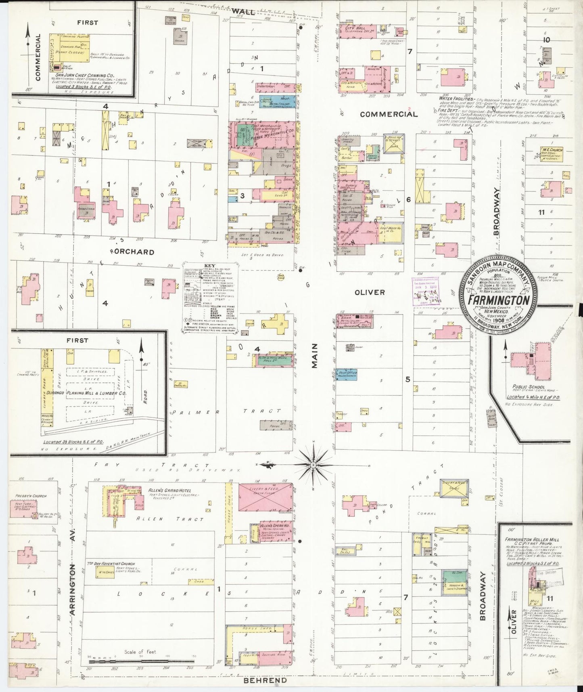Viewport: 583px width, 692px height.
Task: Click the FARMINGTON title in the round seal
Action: click(x=499, y=300)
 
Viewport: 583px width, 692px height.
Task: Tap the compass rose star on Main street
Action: click(x=313, y=466)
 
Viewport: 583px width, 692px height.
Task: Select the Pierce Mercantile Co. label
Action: click(x=263, y=136)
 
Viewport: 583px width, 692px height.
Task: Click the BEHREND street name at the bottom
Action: click(x=265, y=680)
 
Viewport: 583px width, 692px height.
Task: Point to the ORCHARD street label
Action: click(x=133, y=252)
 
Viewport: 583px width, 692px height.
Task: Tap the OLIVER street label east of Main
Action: click(x=369, y=292)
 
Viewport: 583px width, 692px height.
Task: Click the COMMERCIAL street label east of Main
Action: click(x=388, y=114)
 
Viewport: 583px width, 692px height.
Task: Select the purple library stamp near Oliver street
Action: click(x=425, y=291)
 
